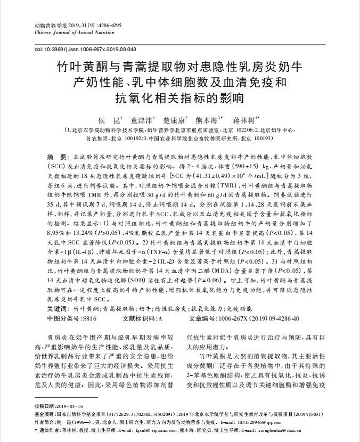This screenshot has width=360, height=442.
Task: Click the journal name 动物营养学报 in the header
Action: (x=48, y=26)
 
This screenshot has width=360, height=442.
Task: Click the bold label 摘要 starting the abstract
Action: (x=55, y=158)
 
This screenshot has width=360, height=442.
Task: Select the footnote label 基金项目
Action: (x=44, y=413)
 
